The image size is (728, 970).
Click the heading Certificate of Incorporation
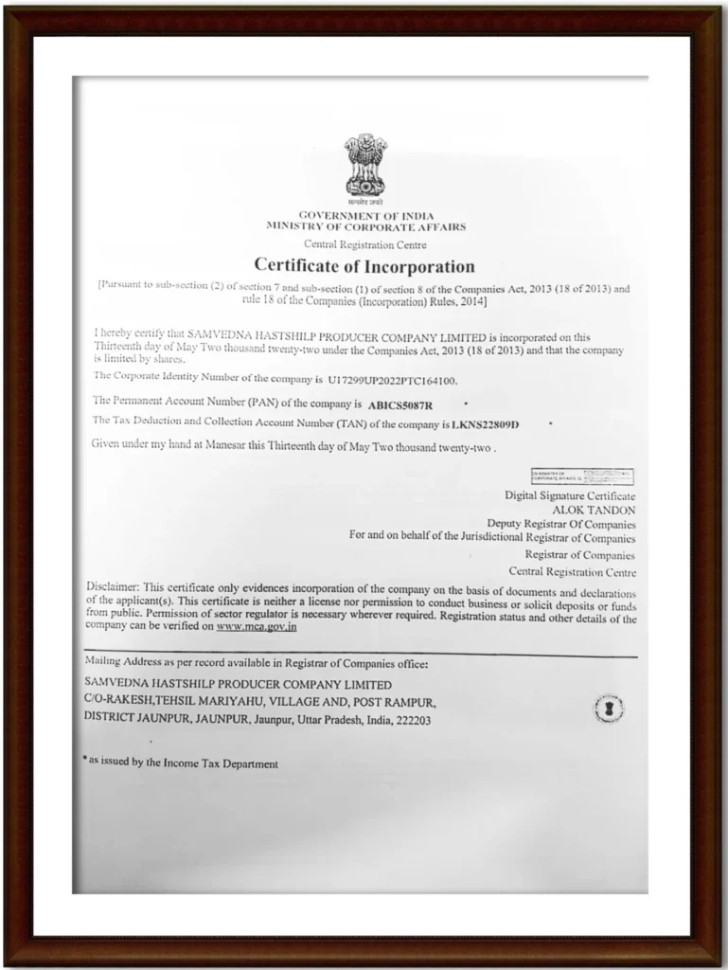[x=364, y=266]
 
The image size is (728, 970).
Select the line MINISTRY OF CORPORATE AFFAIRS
[x=365, y=227]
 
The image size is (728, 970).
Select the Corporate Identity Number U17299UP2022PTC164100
[x=392, y=382]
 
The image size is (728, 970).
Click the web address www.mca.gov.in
[x=257, y=626]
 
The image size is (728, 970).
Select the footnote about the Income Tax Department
[x=180, y=763]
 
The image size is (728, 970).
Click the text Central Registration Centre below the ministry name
[x=364, y=244]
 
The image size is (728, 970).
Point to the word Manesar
[x=250, y=445]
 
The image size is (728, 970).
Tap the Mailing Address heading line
[x=256, y=661]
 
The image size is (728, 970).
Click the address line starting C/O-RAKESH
[x=259, y=702]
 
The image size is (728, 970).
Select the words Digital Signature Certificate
[x=569, y=495]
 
